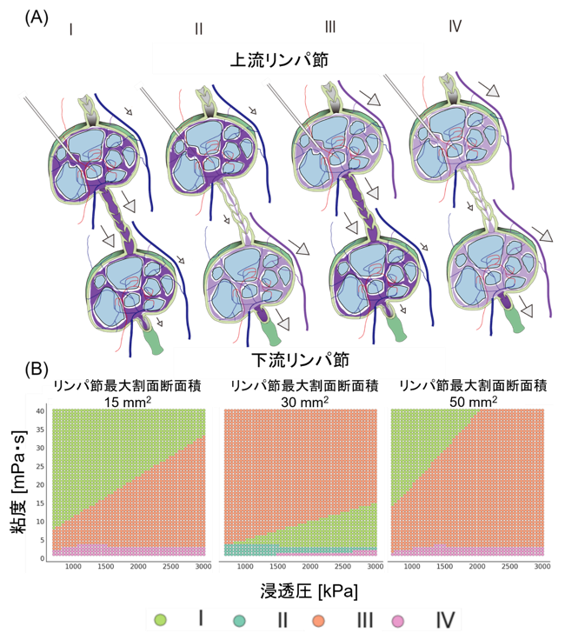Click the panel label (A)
(37, 17)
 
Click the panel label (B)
(37, 370)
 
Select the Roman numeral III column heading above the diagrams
(330, 27)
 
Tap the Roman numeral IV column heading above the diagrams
(455, 26)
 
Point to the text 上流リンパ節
(279, 59)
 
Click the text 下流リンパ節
(301, 360)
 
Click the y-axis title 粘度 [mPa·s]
(18, 483)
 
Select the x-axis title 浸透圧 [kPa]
(309, 591)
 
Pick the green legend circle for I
(160, 620)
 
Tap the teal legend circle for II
(239, 621)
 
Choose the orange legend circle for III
(318, 621)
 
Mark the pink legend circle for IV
(397, 621)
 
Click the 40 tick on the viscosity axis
(40, 411)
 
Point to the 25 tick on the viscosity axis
(40, 467)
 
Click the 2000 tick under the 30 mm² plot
(310, 566)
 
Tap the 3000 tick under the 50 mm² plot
(542, 566)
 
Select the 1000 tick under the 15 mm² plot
(73, 566)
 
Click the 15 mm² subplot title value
(128, 402)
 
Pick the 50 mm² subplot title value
(473, 402)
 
